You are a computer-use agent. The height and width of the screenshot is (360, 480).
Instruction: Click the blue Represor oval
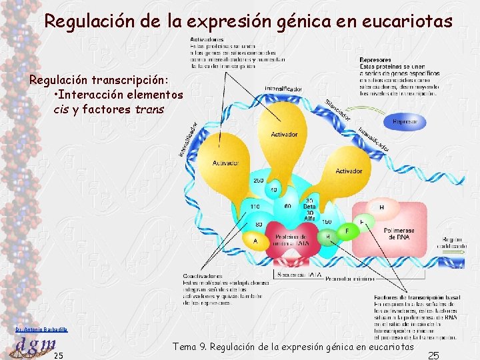tap(405, 121)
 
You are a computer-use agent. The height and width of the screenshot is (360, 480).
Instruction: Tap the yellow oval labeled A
tap(255, 241)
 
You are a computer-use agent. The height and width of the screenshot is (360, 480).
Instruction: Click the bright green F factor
tap(347, 231)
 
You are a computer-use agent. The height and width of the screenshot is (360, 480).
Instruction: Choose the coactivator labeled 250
tap(259, 181)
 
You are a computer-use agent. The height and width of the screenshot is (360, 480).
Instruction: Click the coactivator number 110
tap(255, 207)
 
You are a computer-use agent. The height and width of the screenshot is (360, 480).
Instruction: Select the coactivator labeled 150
tap(327, 221)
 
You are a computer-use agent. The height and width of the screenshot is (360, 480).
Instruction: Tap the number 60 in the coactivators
tap(287, 207)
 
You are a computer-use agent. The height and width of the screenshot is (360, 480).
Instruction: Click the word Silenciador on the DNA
tap(339, 109)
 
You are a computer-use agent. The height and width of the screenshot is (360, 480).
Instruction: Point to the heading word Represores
tap(375, 60)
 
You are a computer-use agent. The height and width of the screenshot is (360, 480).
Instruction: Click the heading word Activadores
tap(206, 40)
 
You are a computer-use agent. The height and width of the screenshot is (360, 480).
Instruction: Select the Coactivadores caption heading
tap(203, 277)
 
